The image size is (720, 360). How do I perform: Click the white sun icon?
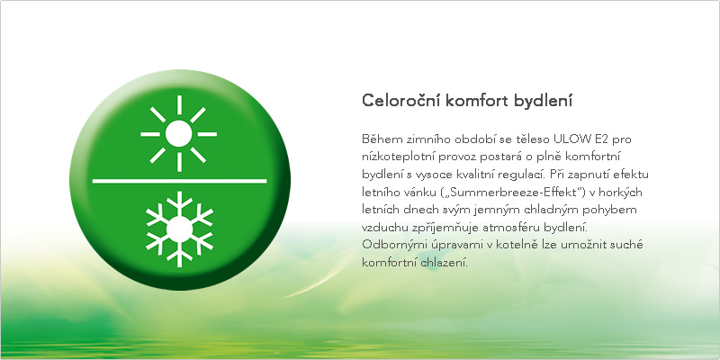pos(178,133)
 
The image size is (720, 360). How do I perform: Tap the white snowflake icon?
pos(179,229)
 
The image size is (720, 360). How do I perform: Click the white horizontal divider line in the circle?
pos(179,181)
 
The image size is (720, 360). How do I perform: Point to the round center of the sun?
pos(178,133)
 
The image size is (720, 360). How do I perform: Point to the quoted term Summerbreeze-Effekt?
pos(484,192)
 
